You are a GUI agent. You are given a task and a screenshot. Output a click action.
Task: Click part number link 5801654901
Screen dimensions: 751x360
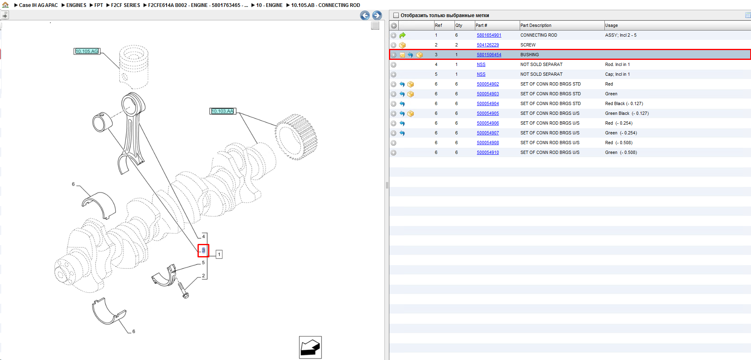tap(489, 35)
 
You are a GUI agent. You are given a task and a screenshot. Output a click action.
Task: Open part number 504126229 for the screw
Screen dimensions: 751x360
tap(487, 45)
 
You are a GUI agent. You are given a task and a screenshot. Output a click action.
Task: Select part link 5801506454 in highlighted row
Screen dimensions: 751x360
tap(489, 55)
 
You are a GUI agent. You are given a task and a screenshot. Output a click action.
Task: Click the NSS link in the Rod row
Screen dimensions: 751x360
tap(481, 65)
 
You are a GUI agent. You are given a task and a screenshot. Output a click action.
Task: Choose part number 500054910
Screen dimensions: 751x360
tap(487, 153)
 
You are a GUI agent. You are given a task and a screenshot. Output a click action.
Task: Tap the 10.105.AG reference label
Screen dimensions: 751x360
tap(87, 51)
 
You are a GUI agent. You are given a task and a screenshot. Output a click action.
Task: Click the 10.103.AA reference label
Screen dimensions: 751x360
tap(222, 111)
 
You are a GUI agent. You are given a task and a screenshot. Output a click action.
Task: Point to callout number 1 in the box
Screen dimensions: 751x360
tap(219, 255)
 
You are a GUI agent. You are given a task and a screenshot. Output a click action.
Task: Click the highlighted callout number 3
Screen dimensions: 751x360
tap(204, 250)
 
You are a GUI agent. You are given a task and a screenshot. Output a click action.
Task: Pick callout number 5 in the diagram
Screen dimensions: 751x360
tap(204, 263)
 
